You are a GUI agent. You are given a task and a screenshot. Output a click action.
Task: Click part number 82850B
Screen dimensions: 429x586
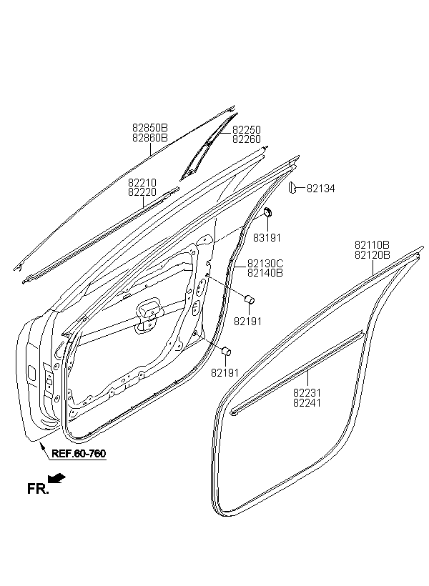150,129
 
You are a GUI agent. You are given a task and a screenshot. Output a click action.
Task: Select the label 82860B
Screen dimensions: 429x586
150,138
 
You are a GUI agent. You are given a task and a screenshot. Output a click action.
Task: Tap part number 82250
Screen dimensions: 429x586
247,129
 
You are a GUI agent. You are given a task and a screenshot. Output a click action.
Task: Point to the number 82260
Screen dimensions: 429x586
247,139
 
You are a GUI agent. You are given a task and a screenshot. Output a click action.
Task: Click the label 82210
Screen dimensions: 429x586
142,183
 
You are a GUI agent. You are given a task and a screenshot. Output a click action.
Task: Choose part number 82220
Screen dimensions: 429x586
142,192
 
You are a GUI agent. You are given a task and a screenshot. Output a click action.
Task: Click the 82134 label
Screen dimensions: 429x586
320,189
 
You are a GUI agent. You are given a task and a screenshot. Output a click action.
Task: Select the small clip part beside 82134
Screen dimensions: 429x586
292,187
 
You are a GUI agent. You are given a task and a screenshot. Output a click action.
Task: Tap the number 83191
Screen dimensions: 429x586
267,238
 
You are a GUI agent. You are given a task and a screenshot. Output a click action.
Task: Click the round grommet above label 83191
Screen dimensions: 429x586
268,214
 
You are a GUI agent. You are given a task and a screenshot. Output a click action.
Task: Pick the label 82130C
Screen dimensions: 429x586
265,264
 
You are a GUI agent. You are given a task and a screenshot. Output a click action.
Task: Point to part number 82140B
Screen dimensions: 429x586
265,273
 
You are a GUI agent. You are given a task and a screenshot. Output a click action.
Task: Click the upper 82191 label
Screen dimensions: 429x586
247,322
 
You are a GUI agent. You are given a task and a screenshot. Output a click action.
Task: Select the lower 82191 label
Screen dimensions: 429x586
225,373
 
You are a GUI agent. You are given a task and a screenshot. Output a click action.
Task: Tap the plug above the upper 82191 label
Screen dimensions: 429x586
249,299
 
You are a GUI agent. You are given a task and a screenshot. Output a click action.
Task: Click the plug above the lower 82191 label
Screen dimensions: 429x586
227,352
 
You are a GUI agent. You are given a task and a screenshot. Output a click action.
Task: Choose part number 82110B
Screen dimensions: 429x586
372,245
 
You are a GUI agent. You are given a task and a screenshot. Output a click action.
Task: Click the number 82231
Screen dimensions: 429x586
307,393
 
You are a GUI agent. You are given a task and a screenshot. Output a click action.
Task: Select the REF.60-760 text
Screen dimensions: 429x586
79,454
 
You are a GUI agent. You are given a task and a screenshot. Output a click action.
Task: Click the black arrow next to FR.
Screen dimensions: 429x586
57,478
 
